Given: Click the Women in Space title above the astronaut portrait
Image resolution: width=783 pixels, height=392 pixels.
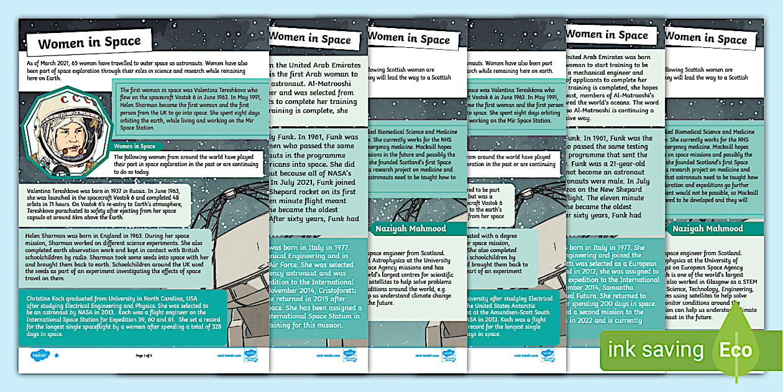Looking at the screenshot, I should tap(89, 43).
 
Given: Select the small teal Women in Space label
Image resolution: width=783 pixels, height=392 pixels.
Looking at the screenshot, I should tap(134, 146).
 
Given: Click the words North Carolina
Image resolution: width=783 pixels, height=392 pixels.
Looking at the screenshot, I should tap(165, 299).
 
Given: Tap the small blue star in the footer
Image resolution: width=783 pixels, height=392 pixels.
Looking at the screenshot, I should tap(57, 355).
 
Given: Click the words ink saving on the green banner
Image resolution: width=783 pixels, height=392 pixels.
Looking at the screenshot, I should tap(656, 350).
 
